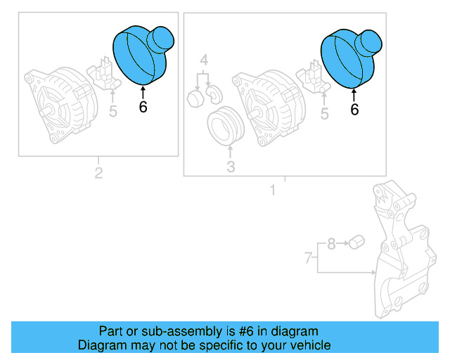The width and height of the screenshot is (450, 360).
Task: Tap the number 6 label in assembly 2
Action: point(143,108)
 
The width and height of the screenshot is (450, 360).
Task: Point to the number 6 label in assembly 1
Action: point(354,109)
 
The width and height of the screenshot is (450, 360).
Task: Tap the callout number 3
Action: point(230,167)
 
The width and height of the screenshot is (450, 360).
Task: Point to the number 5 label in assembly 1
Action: point(323,112)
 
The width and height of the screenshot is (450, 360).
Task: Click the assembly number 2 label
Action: point(98,173)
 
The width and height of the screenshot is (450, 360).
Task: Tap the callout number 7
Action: point(307,259)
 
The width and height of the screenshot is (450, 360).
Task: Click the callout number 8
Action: point(331,245)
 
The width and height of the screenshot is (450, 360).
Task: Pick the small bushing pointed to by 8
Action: point(356,243)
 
